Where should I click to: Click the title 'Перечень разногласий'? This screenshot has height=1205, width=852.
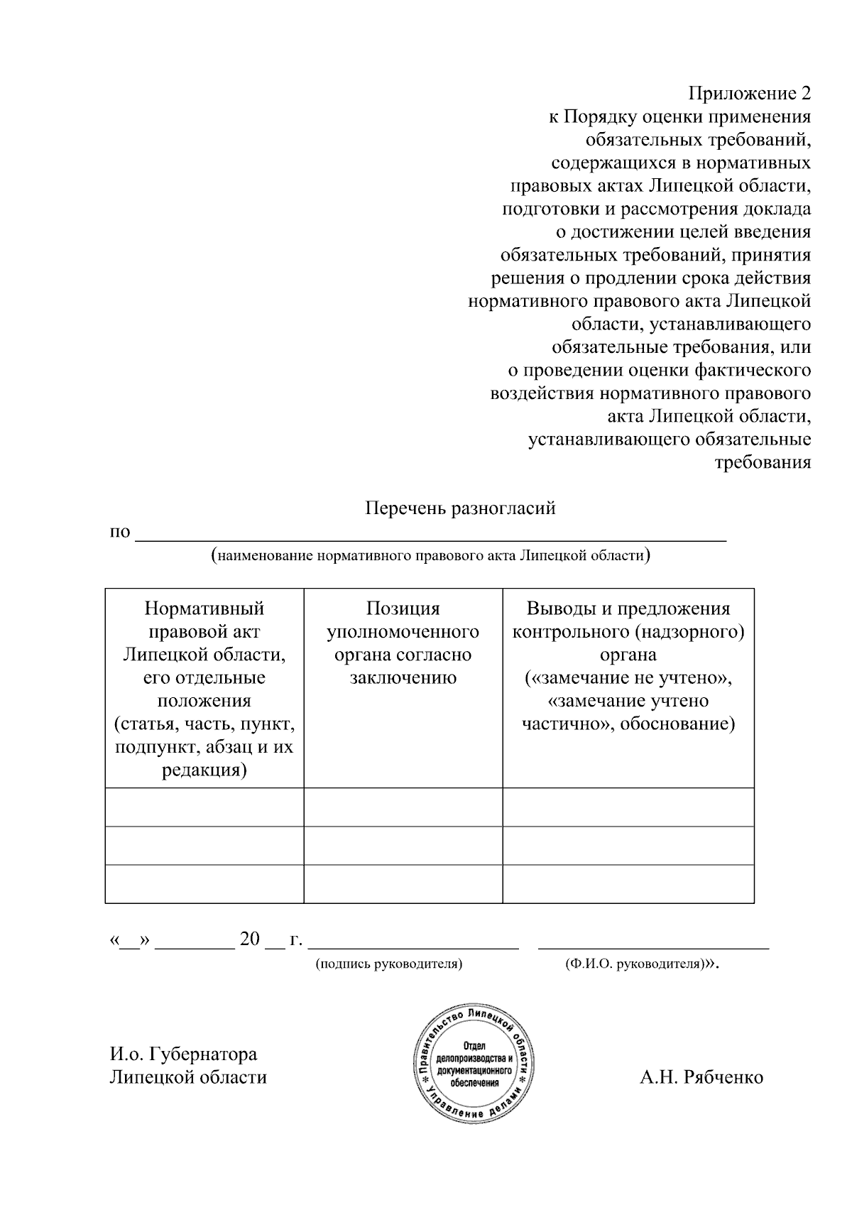point(460,508)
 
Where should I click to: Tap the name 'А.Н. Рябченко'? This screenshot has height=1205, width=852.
point(701,1077)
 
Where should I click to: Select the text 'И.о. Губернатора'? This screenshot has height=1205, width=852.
point(183,1054)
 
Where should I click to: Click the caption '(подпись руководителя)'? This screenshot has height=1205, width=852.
point(389,964)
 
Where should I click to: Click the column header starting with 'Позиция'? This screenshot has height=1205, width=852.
point(403,643)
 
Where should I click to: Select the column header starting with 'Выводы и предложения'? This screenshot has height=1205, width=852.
point(628,666)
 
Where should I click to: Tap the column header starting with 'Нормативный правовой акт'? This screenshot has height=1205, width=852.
point(204,689)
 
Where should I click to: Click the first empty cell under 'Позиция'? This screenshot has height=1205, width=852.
point(403,807)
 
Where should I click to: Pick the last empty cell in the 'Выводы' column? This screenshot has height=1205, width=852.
point(628,884)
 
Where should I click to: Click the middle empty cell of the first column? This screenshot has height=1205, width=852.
point(204,846)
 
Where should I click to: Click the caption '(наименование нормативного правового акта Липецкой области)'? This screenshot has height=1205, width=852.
point(431,555)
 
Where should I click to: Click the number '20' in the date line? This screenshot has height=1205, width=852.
point(250,939)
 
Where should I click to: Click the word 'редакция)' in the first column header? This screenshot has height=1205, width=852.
point(204,770)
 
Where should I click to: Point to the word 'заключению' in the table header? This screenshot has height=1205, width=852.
point(403,677)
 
